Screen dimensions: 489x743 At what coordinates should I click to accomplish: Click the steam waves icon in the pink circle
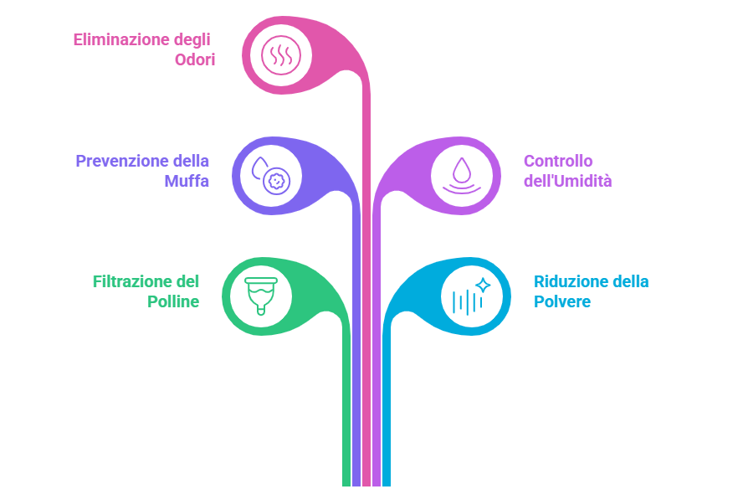[x=278, y=56]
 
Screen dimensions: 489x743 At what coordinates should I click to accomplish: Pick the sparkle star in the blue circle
[x=483, y=286]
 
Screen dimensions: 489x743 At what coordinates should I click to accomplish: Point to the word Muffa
[x=187, y=180]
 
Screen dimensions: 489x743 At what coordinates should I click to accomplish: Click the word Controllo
[x=558, y=160]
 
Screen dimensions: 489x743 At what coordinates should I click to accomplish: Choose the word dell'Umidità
[x=567, y=180]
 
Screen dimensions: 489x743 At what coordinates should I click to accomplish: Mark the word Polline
[x=173, y=301]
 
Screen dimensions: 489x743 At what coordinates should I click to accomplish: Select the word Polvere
[x=562, y=301]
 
